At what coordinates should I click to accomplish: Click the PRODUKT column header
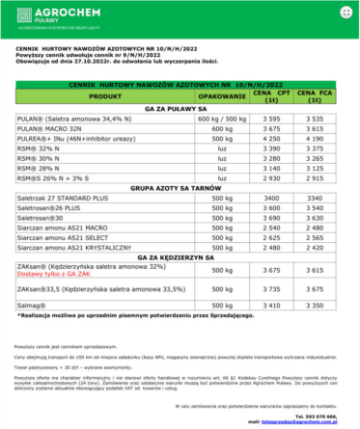pyautogui.click(x=105, y=97)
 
